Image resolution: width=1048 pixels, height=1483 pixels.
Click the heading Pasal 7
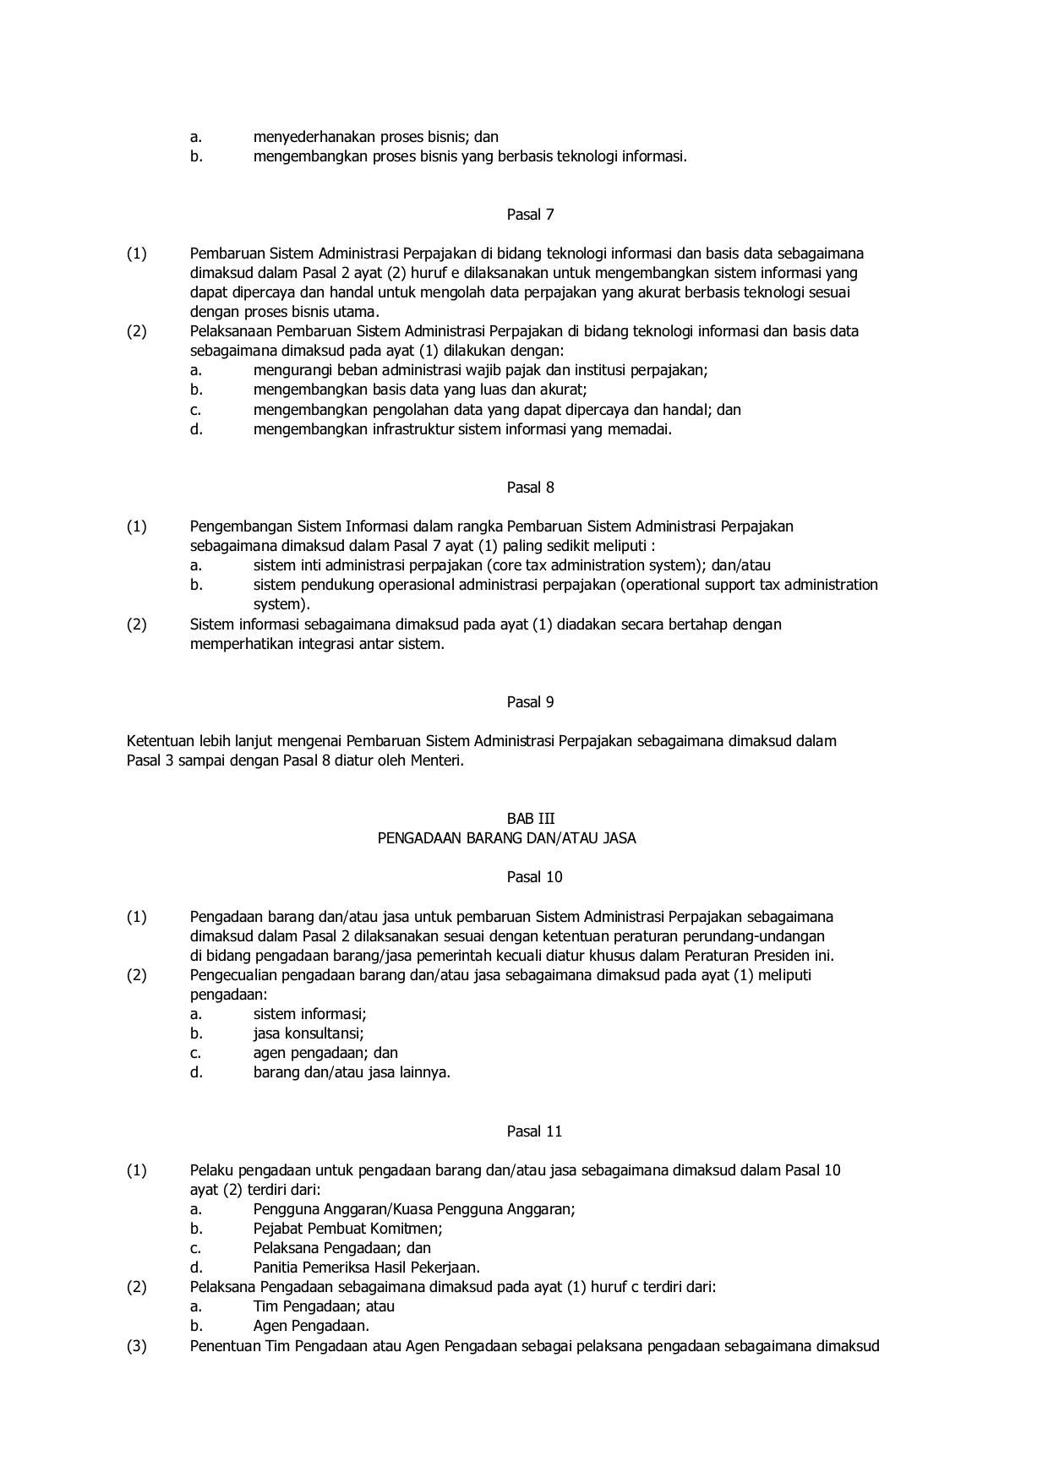(530, 215)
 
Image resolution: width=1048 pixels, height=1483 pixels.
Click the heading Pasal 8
(530, 488)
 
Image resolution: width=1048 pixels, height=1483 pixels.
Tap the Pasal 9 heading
(530, 702)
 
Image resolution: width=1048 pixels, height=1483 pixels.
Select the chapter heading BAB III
(530, 819)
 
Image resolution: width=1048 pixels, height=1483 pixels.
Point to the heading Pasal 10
(534, 877)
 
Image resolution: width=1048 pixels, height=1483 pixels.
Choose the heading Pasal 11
(534, 1131)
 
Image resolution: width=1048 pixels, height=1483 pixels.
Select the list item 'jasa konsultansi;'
(308, 1033)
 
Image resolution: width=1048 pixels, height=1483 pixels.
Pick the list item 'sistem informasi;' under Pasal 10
(309, 1014)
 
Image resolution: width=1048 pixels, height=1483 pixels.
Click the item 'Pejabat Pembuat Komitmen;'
(347, 1229)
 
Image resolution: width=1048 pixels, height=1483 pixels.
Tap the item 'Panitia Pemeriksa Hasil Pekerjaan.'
(366, 1268)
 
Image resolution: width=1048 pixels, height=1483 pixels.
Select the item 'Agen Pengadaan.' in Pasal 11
(311, 1326)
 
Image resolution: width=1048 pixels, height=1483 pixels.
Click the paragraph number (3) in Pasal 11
(137, 1346)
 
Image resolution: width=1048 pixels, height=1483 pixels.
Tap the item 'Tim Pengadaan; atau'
(324, 1306)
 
